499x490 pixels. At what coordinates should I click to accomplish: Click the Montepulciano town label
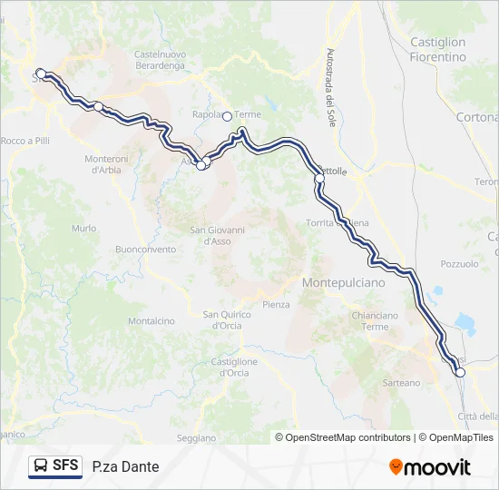(343, 283)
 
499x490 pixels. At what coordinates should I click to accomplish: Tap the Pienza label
(276, 305)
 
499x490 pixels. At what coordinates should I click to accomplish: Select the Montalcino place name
(151, 321)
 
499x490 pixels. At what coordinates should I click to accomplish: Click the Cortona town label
(477, 117)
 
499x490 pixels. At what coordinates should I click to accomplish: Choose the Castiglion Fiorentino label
(437, 49)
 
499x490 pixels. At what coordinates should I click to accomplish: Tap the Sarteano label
(401, 383)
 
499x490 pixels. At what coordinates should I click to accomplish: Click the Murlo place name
(84, 229)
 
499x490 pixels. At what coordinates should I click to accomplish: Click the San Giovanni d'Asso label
(217, 235)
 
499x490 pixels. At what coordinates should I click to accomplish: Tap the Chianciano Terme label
(374, 320)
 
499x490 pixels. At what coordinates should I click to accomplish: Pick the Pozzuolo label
(458, 264)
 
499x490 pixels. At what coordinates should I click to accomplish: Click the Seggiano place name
(197, 438)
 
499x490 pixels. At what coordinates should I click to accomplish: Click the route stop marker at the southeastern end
(460, 372)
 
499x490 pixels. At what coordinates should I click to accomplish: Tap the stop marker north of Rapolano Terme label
(228, 115)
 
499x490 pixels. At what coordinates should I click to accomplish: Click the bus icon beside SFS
(41, 466)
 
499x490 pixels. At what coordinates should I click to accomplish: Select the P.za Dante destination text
(125, 467)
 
